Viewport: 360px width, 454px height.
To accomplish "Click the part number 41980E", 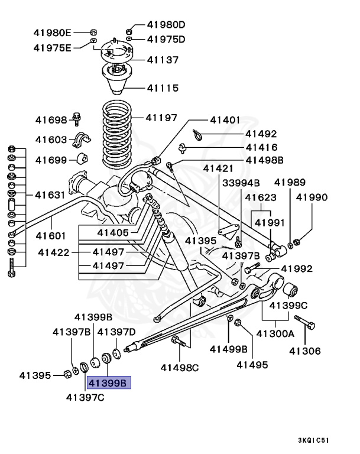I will point(52,32).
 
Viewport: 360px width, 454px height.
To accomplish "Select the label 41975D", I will point(166,40).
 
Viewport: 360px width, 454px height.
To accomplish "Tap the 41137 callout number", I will point(163,60).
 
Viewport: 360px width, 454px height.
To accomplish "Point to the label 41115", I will point(163,88).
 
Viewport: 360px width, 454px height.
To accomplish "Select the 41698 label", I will point(51,120).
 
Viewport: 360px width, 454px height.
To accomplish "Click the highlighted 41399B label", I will point(109,383).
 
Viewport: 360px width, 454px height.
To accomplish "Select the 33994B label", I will point(241,183).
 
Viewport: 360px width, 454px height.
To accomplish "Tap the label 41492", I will point(261,134).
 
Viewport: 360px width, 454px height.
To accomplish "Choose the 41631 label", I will point(51,194).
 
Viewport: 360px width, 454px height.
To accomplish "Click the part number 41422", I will point(55,252).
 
